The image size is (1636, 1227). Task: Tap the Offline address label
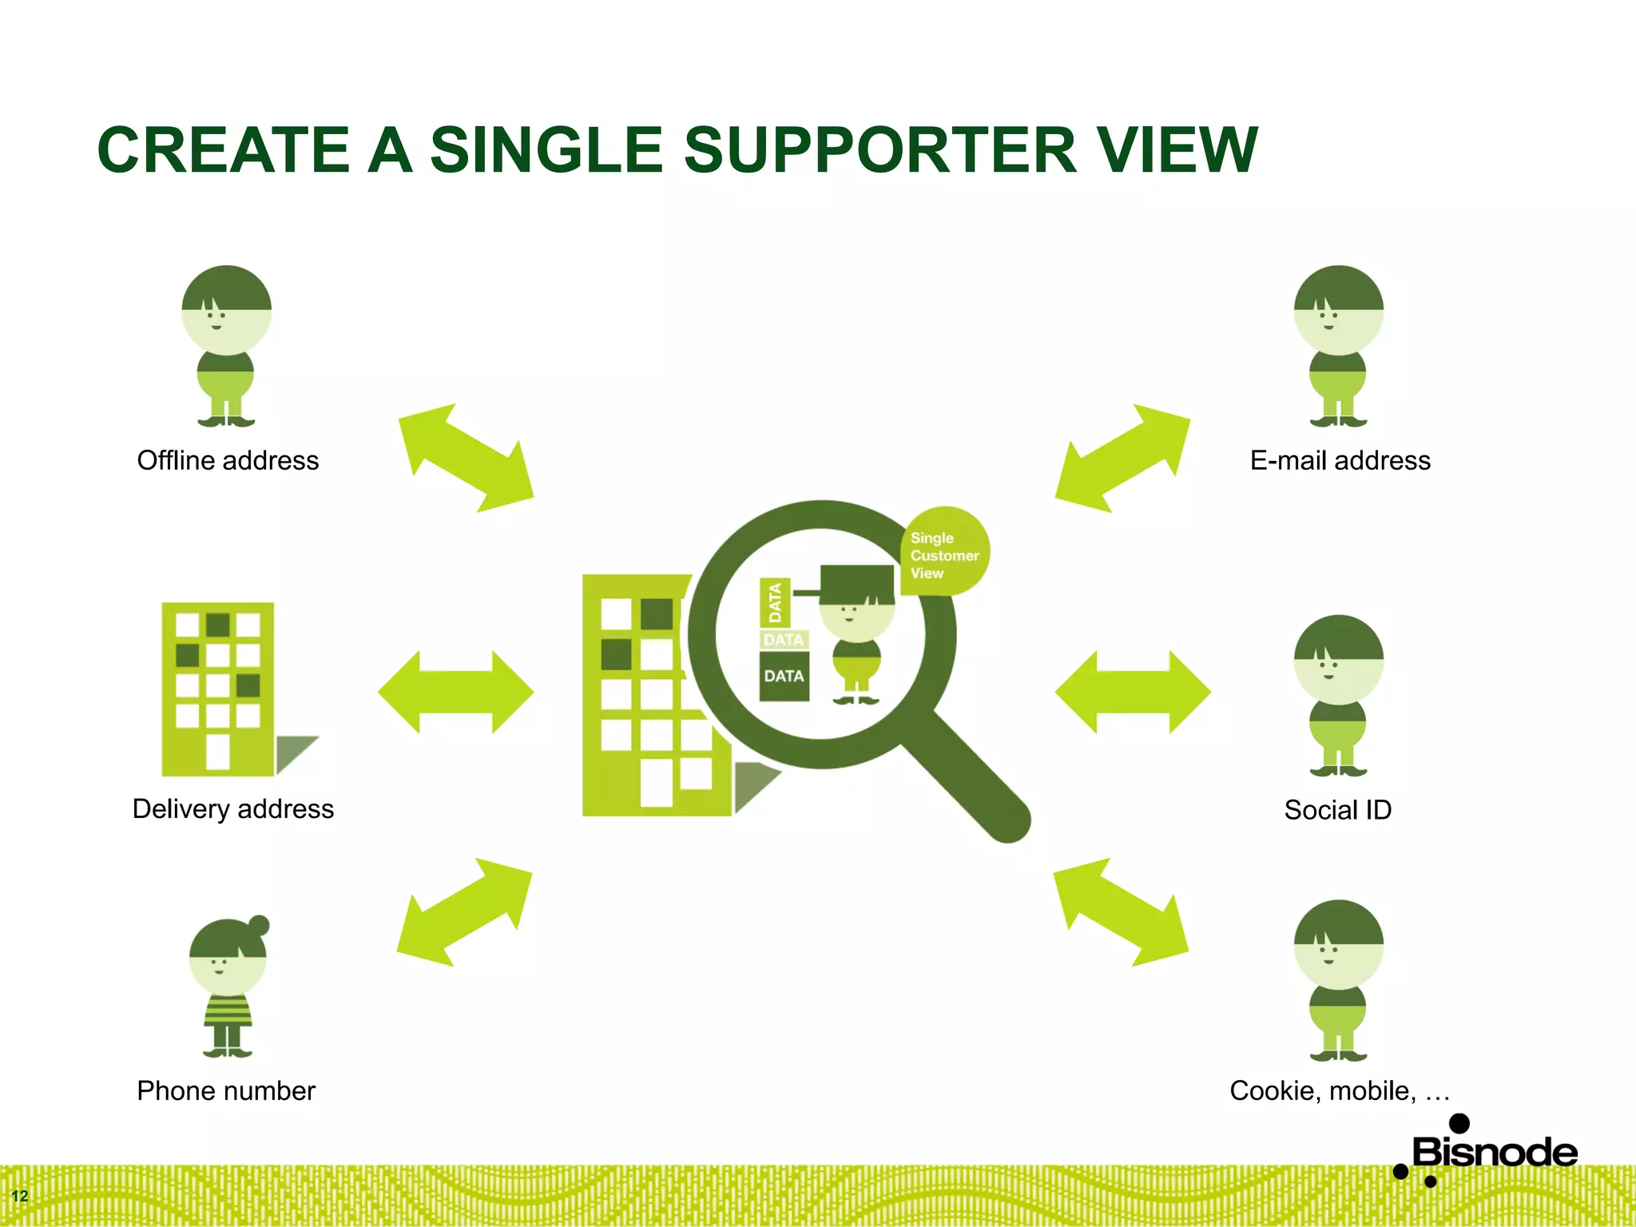[x=228, y=461]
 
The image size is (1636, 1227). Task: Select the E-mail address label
[x=1340, y=461]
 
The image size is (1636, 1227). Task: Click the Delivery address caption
[x=232, y=809]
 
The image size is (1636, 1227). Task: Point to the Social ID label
[x=1337, y=810]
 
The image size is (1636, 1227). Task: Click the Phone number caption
[x=226, y=1091]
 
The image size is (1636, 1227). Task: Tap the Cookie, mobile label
[x=1339, y=1091]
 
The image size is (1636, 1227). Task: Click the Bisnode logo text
[x=1494, y=1153]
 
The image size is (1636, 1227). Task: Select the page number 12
[x=20, y=1196]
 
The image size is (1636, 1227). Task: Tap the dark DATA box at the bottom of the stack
[x=784, y=677]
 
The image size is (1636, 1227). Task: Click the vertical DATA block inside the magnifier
[x=774, y=602]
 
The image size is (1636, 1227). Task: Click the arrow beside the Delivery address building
[x=455, y=692]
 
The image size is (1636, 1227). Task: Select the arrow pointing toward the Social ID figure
[x=1133, y=692]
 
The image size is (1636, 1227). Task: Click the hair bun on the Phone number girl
[x=259, y=926]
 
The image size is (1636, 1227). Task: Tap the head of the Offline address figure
[x=226, y=310]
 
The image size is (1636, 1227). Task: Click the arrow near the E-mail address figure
[x=1122, y=458]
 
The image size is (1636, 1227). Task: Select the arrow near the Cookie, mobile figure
[x=1121, y=911]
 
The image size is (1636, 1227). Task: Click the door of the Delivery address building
[x=218, y=751]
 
